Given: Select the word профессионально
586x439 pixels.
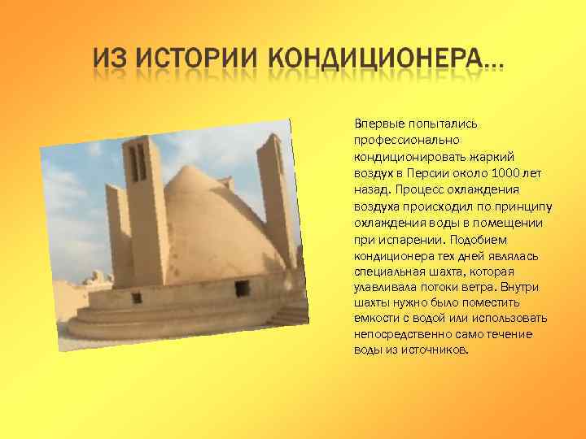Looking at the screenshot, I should [x=402, y=141].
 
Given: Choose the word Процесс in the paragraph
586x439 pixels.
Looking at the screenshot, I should [x=419, y=189].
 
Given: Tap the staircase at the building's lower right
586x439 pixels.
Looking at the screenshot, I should [x=290, y=313].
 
